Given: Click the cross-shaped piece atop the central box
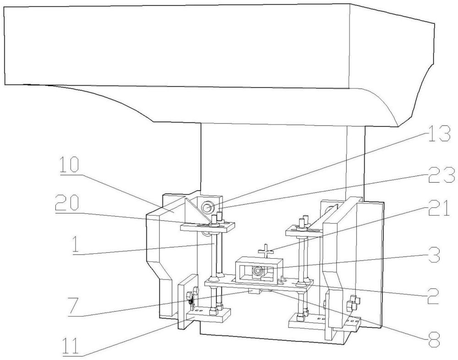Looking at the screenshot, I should coord(265,251).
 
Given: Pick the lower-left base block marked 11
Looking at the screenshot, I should coord(209,315).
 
